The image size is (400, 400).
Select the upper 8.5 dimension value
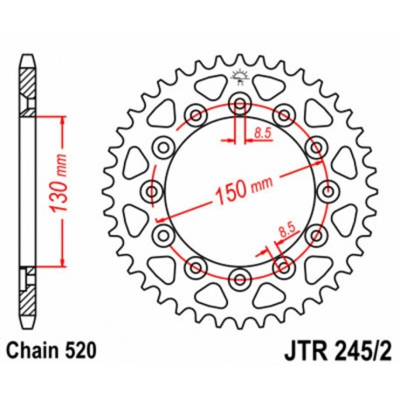262,133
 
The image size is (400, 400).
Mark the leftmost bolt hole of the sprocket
153,192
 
